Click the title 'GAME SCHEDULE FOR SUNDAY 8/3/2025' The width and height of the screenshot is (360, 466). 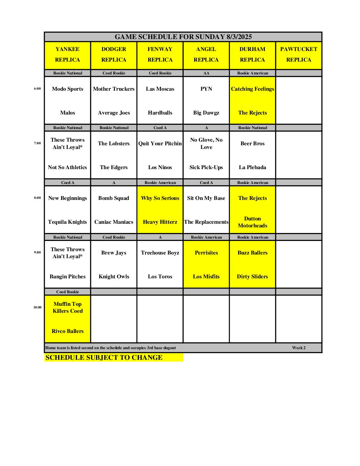[x=183, y=37]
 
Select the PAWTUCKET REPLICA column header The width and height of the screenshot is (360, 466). [x=298, y=54]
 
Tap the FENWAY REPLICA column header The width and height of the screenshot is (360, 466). [x=160, y=54]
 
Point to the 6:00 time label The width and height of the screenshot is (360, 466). [x=37, y=89]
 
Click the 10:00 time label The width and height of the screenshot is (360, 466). [x=37, y=307]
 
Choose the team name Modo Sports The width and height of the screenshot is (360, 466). [x=67, y=89]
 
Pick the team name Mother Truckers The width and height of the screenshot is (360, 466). [x=114, y=89]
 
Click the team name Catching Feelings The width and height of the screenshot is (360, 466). [x=252, y=89]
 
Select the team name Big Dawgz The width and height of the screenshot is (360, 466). [x=206, y=113]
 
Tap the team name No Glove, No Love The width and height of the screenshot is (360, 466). [x=206, y=143]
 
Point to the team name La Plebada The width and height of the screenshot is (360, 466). [x=252, y=167]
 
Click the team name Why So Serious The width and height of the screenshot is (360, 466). [x=160, y=198]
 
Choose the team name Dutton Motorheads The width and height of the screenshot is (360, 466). [x=252, y=222]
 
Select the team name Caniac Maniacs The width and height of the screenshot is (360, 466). [x=114, y=222]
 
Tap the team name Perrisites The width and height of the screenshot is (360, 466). [x=206, y=253]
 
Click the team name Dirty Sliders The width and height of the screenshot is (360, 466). [x=252, y=277]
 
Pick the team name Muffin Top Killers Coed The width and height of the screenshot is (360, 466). [x=67, y=307]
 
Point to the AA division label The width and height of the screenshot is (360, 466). [x=206, y=73]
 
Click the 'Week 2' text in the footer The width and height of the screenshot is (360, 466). [x=299, y=348]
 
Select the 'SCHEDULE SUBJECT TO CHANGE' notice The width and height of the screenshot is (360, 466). [x=104, y=357]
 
